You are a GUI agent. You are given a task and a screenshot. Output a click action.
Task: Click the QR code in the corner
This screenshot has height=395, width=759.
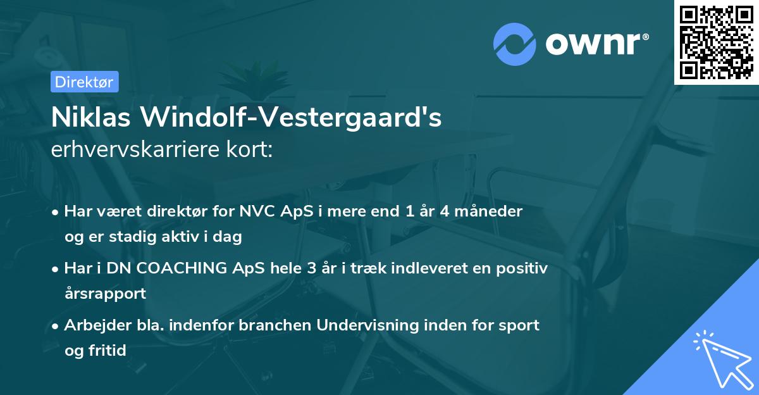716,42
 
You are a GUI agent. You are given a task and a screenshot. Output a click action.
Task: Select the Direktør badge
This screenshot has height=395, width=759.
85,82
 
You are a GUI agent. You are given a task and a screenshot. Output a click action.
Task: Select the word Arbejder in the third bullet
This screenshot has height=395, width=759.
92,325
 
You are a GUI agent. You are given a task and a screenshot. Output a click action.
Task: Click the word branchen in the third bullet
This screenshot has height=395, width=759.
277,325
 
